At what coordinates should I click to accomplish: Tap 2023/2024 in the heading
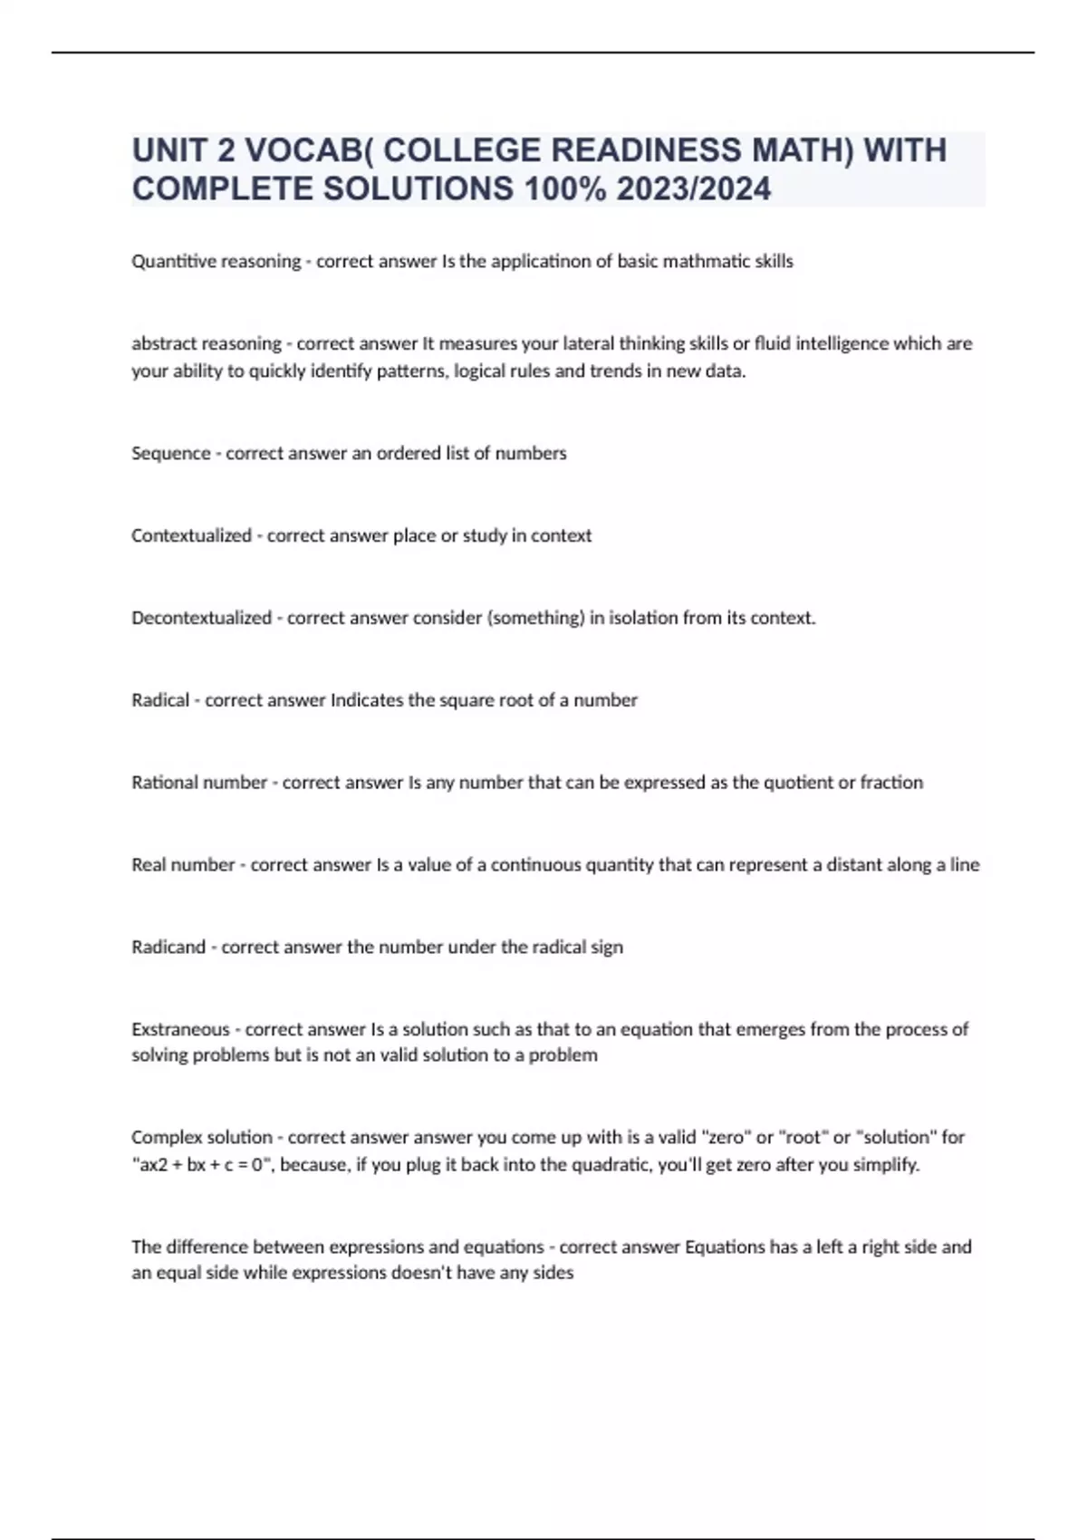694,189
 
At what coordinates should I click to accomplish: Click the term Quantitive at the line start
168,262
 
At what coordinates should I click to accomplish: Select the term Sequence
170,454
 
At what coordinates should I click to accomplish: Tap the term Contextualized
191,536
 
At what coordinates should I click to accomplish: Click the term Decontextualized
201,619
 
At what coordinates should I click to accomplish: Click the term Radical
160,700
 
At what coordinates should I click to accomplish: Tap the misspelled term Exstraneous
180,1030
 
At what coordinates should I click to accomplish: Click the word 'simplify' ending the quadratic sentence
883,1165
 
